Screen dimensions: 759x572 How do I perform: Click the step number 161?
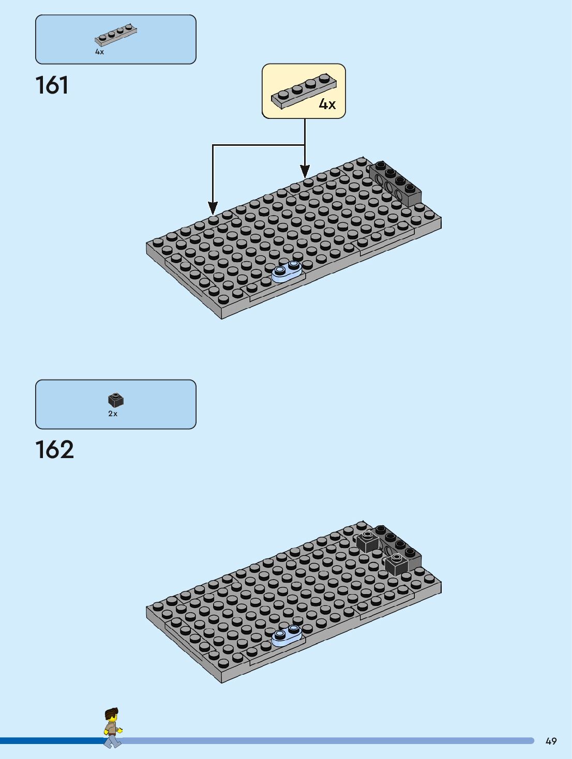click(x=52, y=86)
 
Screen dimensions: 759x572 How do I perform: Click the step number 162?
click(x=54, y=450)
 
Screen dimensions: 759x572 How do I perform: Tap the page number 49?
click(x=551, y=741)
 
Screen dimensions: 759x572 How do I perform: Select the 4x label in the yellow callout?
click(x=327, y=104)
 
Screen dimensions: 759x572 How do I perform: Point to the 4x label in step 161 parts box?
click(x=99, y=52)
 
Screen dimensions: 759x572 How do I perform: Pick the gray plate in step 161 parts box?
click(x=115, y=36)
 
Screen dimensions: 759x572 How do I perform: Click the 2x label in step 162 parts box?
click(x=113, y=414)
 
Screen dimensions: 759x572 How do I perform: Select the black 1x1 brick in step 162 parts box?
click(x=115, y=400)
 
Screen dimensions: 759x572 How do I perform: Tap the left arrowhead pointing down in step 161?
click(x=213, y=207)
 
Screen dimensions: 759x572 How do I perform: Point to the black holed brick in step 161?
click(x=396, y=183)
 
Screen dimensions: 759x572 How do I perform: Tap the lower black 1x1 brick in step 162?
click(x=397, y=564)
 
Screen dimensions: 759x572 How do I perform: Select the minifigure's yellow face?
click(x=112, y=720)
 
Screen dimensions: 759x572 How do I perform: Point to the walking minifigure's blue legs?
click(x=112, y=740)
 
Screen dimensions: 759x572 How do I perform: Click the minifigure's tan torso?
click(x=110, y=729)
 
